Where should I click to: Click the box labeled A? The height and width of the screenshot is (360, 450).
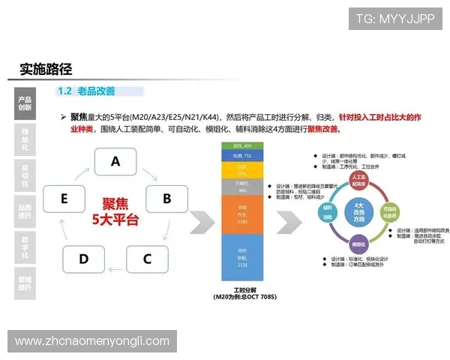[115, 161]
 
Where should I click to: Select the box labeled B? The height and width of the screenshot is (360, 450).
[166, 199]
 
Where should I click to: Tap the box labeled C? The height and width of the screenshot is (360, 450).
[147, 259]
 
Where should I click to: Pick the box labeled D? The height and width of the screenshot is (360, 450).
[83, 259]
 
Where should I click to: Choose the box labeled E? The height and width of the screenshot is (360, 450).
[64, 199]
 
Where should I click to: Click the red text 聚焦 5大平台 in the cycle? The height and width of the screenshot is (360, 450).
[115, 211]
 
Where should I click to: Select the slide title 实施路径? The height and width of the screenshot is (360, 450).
[46, 69]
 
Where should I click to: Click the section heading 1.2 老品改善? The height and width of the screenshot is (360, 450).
[86, 91]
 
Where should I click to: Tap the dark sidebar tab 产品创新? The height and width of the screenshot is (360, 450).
[25, 103]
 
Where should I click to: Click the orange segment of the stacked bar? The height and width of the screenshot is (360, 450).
[241, 214]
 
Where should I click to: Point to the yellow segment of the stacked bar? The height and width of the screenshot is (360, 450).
[241, 170]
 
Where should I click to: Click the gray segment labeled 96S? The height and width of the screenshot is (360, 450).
[241, 186]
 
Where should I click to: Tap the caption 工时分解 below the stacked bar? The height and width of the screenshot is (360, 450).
[241, 290]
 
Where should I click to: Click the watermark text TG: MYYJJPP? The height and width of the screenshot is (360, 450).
[394, 19]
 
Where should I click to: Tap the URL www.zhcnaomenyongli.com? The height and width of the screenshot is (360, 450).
[92, 341]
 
